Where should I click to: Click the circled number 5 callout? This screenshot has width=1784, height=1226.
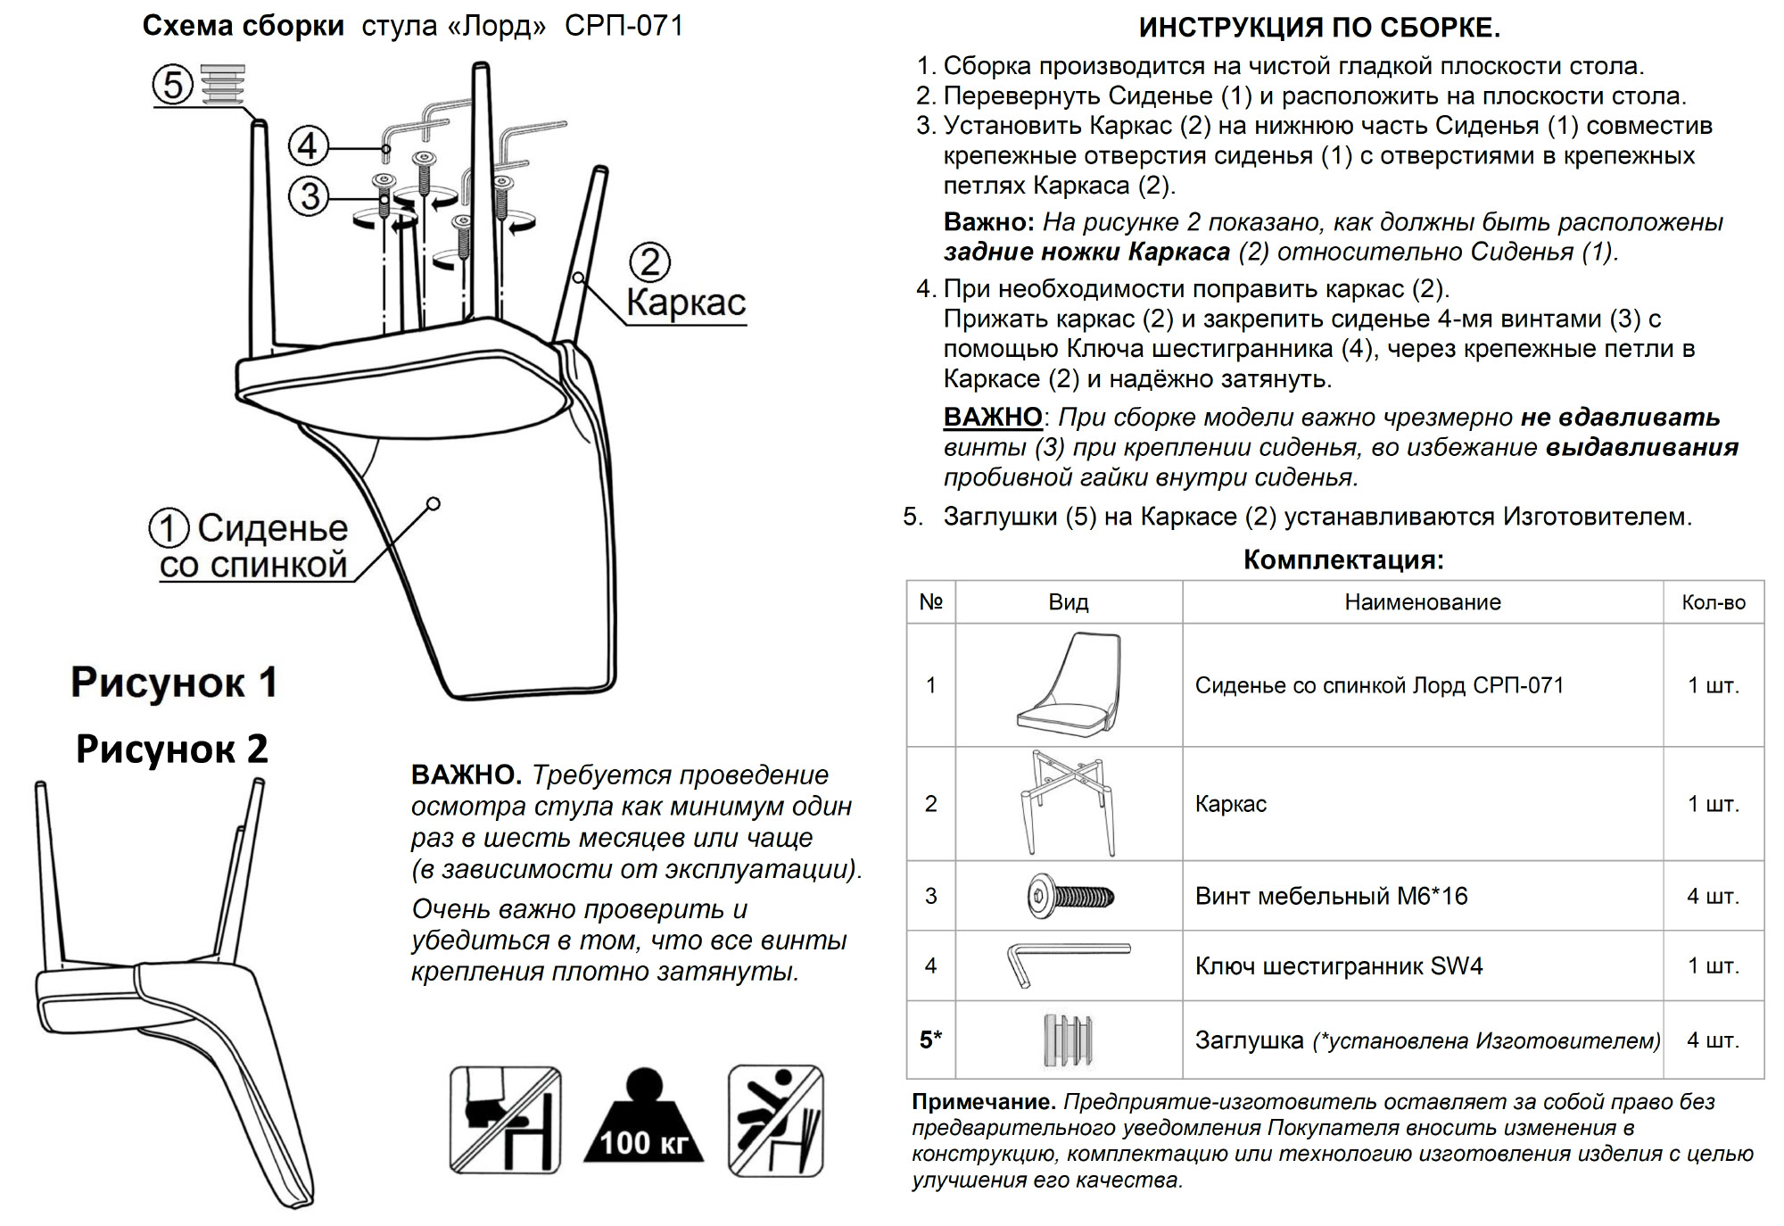173,85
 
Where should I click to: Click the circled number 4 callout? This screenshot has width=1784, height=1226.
309,145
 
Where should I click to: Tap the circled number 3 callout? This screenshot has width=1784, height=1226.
309,196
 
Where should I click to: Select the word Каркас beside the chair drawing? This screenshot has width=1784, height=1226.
685,302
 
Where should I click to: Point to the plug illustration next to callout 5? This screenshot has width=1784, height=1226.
222,84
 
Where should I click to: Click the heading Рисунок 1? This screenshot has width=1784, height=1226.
174,683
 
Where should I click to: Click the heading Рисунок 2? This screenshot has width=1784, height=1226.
172,750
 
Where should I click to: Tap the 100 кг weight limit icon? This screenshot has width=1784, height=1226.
643,1119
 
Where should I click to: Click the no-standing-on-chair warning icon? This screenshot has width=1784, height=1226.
505,1120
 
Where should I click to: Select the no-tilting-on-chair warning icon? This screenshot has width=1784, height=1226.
775,1120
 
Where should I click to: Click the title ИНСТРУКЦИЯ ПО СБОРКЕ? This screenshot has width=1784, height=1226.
1319,28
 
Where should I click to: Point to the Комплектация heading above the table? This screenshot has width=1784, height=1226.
1343,560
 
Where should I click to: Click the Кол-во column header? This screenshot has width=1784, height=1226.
1713,602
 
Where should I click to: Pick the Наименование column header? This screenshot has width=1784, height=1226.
1422,602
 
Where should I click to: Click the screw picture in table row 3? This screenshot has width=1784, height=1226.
1070,896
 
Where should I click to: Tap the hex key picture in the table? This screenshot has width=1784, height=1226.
1067,965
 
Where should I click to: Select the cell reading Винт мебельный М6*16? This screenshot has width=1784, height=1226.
1331,896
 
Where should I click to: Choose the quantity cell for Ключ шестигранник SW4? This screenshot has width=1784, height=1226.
1713,965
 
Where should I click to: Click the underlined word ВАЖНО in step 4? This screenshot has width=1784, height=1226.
993,417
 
